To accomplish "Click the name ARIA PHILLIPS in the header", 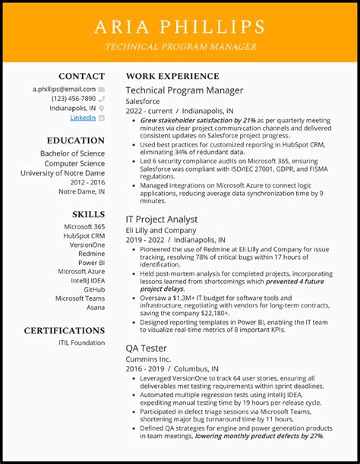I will (180, 27).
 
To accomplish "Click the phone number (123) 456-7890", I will (74, 99).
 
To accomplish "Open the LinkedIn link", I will (83, 118).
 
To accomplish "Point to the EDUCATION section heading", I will (75, 140).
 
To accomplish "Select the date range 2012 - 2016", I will (87, 182).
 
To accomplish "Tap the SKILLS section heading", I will (88, 215).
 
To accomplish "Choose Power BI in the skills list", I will (91, 263).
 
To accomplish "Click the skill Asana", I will (95, 307).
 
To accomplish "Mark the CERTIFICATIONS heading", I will (65, 331).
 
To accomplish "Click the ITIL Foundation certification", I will (81, 342).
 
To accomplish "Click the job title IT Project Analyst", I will (161, 219).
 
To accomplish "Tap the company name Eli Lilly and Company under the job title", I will (161, 230).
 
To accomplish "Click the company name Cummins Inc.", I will (149, 359).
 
